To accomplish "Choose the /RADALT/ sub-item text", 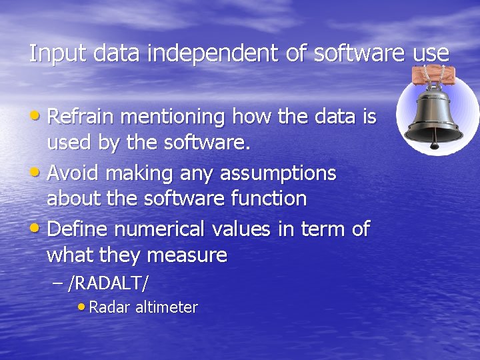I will coord(109,283).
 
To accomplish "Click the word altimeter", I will coord(166,307).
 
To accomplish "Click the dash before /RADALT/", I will coord(57,283).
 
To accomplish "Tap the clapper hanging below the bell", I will coord(435,143).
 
